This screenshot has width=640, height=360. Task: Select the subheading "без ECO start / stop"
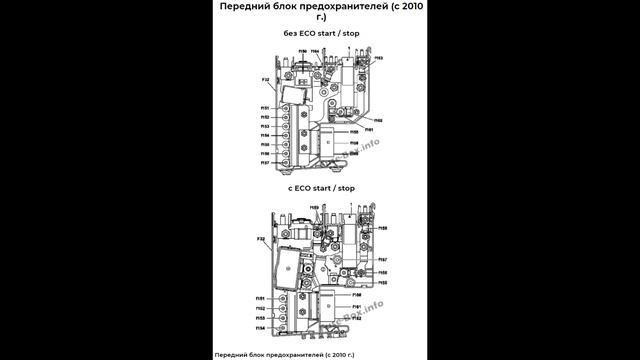pyautogui.click(x=319, y=33)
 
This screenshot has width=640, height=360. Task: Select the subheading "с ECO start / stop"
pyautogui.click(x=320, y=187)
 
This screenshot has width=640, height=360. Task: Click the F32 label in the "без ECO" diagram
pyautogui.click(x=266, y=79)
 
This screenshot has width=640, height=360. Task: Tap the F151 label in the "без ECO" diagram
pyautogui.click(x=266, y=108)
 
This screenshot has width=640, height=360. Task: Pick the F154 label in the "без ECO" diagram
pyautogui.click(x=266, y=135)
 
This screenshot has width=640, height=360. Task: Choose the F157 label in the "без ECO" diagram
pyautogui.click(x=266, y=161)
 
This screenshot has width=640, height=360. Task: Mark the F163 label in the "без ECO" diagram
pyautogui.click(x=380, y=59)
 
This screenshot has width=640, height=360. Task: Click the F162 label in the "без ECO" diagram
pyautogui.click(x=379, y=120)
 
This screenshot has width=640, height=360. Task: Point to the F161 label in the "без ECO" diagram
pyautogui.click(x=368, y=130)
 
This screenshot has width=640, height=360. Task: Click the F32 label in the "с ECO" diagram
pyautogui.click(x=261, y=239)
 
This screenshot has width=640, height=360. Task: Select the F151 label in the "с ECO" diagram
pyautogui.click(x=260, y=298)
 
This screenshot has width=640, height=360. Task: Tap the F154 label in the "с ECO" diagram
pyautogui.click(x=260, y=327)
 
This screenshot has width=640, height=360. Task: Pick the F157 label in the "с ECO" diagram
pyautogui.click(x=383, y=259)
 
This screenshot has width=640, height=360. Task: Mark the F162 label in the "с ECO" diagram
pyautogui.click(x=357, y=318)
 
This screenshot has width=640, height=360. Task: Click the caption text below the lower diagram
pyautogui.click(x=285, y=354)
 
